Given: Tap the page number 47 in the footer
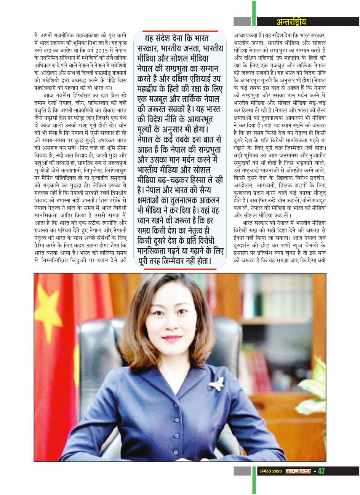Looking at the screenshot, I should tap(322, 471).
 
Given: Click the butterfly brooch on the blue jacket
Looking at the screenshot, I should tap(216, 384).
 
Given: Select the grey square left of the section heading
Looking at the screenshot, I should tap(242, 22).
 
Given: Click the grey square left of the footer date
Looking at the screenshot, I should tap(242, 471).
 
